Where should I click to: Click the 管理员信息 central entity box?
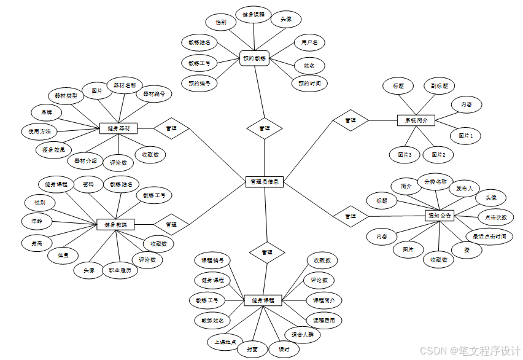pos(265,182)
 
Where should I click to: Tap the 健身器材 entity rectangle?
pos(118,128)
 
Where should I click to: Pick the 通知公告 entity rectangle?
pos(439,216)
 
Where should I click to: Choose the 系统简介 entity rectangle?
pos(416,120)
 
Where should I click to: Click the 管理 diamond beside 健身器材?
pos(171,128)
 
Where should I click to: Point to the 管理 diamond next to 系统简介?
pos(351,120)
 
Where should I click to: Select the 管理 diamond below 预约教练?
pos(265,128)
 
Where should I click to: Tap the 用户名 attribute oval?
pos(309,43)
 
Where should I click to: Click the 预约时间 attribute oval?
pos(309,83)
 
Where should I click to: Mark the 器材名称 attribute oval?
pos(125,85)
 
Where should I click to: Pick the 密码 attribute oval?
pos(88,184)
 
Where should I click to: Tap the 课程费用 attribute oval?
pos(323,320)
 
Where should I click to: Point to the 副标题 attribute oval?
pos(439,86)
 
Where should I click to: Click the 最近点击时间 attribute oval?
pos(489,237)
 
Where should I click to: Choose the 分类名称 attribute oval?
pos(435,182)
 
